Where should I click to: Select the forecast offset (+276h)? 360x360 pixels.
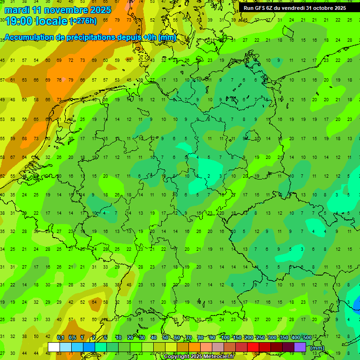tap(83, 21)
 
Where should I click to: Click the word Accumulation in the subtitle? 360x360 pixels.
tap(28, 37)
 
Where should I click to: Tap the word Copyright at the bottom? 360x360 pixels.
tap(176, 357)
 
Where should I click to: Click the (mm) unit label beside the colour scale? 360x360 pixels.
tap(317, 348)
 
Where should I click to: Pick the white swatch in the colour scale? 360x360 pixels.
tap(54, 347)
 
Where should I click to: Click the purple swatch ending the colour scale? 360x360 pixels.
tap(300, 347)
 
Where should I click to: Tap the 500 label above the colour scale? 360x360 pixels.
tap(307, 337)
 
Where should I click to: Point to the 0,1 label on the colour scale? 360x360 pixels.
tap(60, 337)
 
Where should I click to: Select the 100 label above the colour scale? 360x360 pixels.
tap(225, 337)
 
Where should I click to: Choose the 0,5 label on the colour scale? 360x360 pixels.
tap(72, 337)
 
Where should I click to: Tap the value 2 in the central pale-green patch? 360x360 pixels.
tap(208, 176)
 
